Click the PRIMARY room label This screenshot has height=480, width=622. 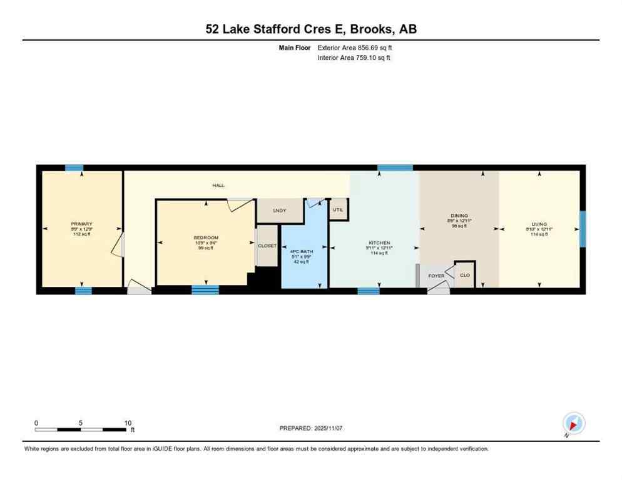[82, 224]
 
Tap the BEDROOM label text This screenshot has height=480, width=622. [206, 237]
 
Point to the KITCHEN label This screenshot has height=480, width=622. [379, 242]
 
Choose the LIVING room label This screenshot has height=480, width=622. [539, 224]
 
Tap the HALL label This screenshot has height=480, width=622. [218, 186]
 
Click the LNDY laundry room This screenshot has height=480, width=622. [279, 211]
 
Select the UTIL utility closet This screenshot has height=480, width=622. [339, 209]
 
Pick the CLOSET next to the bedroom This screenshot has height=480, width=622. [267, 246]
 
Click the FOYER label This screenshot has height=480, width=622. [436, 276]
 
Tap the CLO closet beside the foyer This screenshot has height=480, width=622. [464, 275]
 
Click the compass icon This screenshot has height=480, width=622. [573, 423]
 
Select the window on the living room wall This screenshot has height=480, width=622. [583, 229]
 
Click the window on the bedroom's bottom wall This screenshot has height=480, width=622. [205, 290]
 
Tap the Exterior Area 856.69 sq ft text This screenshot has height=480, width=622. [355, 47]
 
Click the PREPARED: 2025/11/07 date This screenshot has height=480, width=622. [311, 428]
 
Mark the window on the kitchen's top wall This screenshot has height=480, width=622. [395, 167]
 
